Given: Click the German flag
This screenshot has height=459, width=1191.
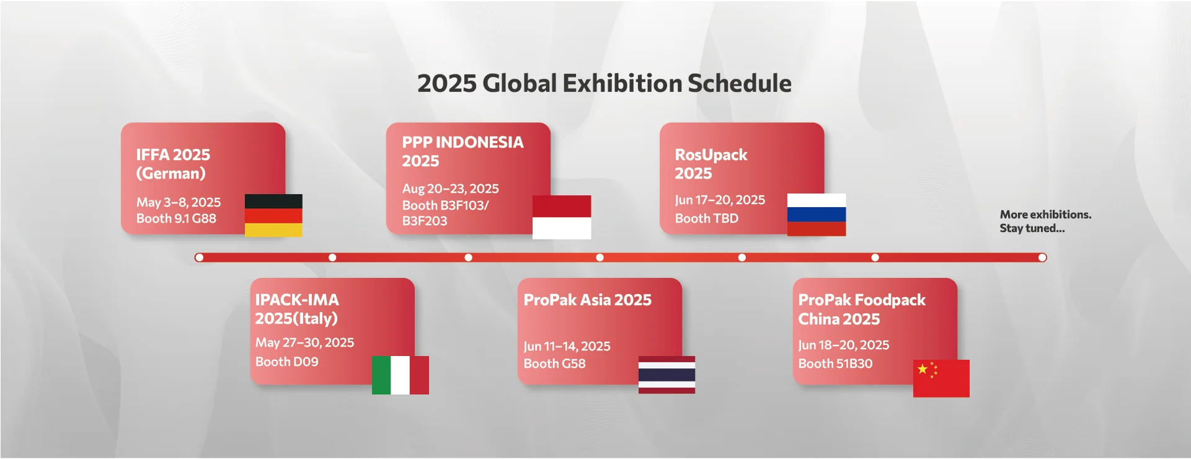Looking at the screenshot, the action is pos(273,215).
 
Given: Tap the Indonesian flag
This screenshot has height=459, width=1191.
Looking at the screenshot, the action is pos(562,217).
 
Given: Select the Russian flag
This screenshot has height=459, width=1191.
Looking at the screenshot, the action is pos(817,215).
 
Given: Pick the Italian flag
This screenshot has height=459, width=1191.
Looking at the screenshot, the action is pos(401,375).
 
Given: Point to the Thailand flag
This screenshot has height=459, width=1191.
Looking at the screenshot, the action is pos(666,375).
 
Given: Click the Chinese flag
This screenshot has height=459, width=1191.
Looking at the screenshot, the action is pos(941,378).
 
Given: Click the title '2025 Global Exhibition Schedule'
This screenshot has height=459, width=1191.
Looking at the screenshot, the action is pos(604,83).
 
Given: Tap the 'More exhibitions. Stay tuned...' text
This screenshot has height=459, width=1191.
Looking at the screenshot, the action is pos(1045,221).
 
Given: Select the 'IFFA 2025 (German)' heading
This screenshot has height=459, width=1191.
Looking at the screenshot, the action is pos(173,164).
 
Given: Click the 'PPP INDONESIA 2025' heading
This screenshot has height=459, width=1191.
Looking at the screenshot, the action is pos(463,151).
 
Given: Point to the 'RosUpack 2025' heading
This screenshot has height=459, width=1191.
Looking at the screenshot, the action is pos(711,164).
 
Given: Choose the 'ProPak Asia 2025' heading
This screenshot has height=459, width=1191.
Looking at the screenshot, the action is pos(588,300).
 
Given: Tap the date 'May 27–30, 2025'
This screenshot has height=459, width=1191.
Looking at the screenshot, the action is pos(304,342).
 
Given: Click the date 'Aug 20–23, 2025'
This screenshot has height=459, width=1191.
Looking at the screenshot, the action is pos(451,189).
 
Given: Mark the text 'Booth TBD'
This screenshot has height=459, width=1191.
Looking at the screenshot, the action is pos(707,218).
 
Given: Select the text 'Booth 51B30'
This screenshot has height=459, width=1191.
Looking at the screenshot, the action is pos(835,363).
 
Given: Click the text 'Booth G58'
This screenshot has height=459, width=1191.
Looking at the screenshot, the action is pos(554,363).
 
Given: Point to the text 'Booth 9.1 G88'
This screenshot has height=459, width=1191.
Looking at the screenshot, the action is pos(176,218).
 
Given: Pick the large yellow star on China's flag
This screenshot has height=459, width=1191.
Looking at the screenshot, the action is pos(923,369).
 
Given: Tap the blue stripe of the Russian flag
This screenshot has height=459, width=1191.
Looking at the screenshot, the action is pos(817,215).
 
